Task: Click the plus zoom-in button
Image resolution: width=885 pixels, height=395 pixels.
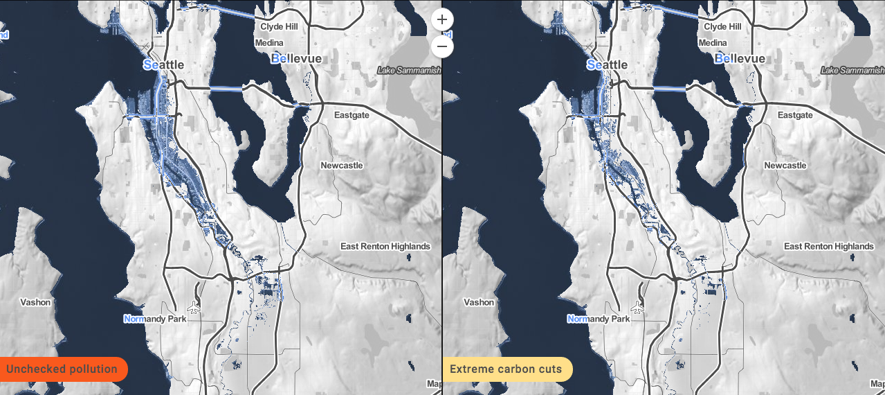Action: pos(442,19)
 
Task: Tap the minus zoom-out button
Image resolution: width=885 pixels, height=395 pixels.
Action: pos(442,46)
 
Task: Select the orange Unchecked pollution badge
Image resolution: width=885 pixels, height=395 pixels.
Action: pos(62,369)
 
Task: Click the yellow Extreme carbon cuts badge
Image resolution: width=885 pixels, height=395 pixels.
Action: pos(506,369)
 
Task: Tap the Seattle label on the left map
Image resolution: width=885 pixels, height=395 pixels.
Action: pos(163,64)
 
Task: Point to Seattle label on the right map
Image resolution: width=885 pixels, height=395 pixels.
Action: pos(607,64)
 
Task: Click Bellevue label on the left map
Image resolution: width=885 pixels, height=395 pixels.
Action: pos(296,59)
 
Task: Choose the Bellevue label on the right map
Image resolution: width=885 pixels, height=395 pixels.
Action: pos(740,59)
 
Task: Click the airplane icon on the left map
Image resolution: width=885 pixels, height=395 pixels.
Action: pos(193,307)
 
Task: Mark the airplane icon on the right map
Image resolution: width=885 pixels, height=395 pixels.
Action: pos(637,307)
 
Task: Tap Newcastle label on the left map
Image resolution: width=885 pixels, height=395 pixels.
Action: pos(342,166)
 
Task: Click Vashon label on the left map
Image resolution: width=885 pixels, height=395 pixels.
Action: pos(35,302)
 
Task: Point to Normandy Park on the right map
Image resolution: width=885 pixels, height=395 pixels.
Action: pos(599,319)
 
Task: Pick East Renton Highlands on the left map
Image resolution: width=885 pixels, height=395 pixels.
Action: pos(385,246)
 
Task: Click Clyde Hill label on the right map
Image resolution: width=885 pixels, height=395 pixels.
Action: pos(726,26)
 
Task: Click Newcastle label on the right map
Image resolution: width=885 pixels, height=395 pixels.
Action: pos(785,166)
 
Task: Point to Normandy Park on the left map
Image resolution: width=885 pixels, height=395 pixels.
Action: pos(155,319)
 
